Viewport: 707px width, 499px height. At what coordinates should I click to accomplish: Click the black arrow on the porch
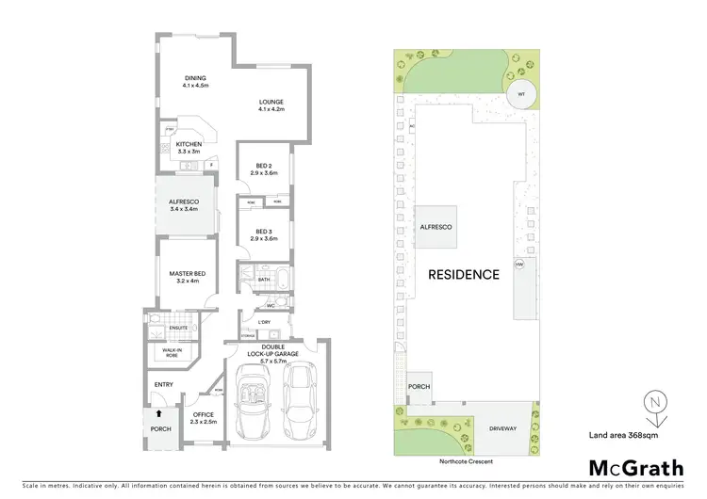158,412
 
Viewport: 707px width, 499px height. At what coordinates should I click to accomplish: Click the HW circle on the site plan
518,265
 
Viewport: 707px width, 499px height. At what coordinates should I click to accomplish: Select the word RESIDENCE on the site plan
463,275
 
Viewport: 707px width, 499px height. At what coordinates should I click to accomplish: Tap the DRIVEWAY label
502,429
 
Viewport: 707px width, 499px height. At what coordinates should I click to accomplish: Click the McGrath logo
636,468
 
